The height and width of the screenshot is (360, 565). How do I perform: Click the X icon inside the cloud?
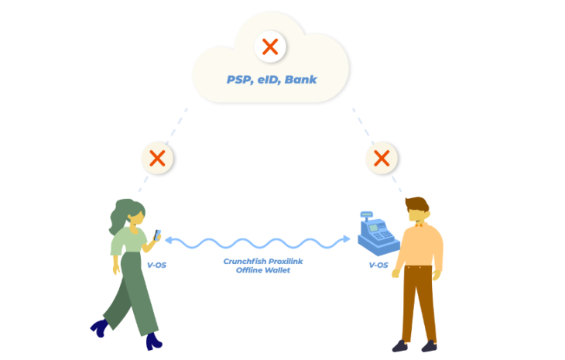click(x=270, y=46)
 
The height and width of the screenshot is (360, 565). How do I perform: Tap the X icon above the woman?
click(x=157, y=159)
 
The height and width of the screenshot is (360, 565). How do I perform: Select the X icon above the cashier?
click(x=382, y=159)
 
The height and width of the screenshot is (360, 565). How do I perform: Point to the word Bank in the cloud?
click(x=300, y=80)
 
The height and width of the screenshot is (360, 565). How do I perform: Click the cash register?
click(x=378, y=232)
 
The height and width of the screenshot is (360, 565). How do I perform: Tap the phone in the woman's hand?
click(x=156, y=235)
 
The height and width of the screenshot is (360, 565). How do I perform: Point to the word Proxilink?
click(x=284, y=262)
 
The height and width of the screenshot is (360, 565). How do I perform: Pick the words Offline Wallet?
click(x=262, y=271)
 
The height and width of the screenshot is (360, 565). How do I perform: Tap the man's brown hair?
click(x=416, y=204)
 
